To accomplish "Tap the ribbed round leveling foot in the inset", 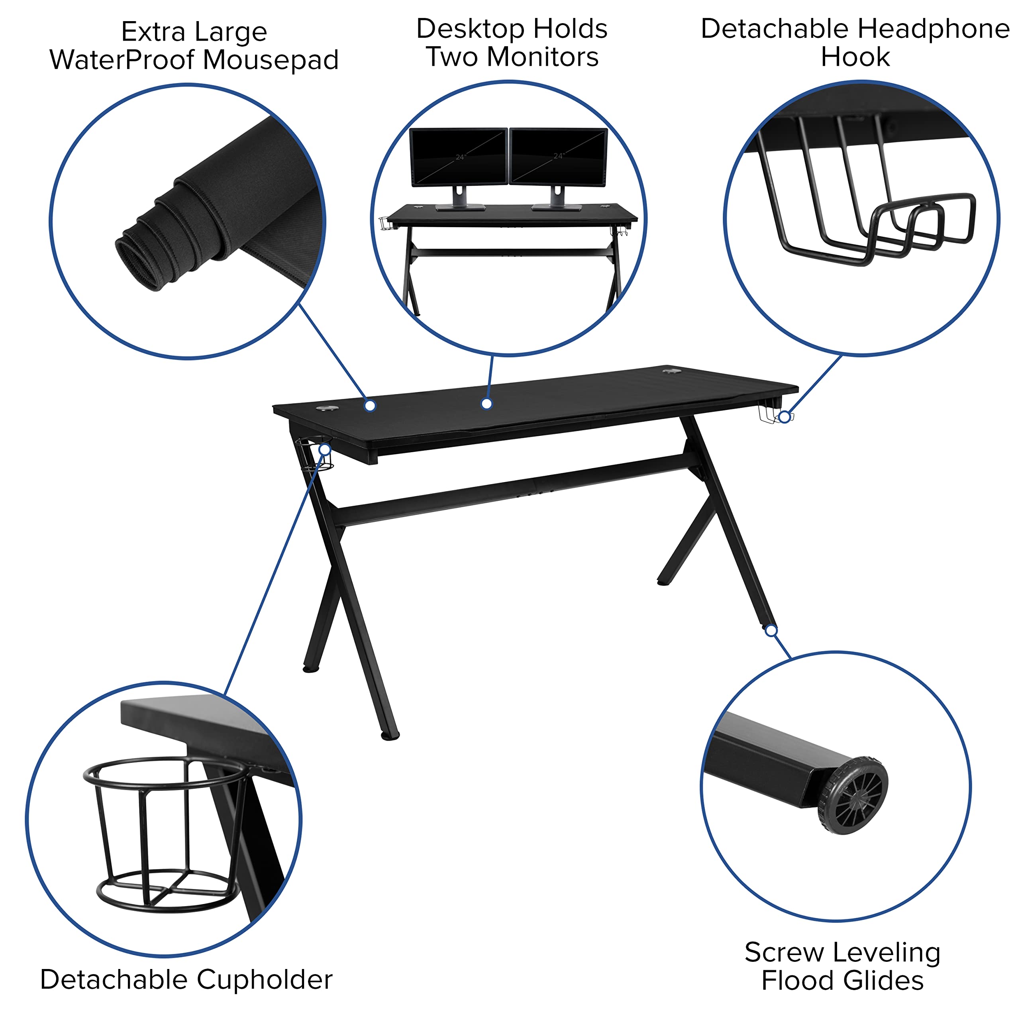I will coord(852,796).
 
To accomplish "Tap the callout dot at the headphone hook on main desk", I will coord(785,417).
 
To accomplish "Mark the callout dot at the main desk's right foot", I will coord(771,630).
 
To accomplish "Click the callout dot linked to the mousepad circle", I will coord(370,406).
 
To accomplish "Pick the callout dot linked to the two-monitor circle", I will coord(487,404).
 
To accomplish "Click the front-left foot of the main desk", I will coord(390,736).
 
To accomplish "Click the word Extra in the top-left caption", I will coord(153,32).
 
